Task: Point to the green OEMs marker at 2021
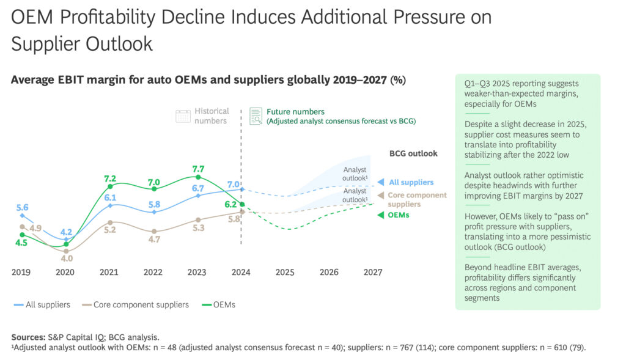pyautogui.click(x=110, y=186)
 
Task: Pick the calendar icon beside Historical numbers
pyautogui.click(x=183, y=116)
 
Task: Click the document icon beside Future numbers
pyautogui.click(x=256, y=116)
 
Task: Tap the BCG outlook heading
pyautogui.click(x=413, y=153)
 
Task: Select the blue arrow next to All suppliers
pyautogui.click(x=381, y=182)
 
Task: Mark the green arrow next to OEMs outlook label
pyautogui.click(x=381, y=215)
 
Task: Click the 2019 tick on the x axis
pyautogui.click(x=21, y=272)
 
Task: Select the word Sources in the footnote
pyautogui.click(x=29, y=337)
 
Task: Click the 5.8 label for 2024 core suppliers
pyautogui.click(x=233, y=219)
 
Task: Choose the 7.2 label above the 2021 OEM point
pyautogui.click(x=110, y=178)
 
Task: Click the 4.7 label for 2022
pyautogui.click(x=154, y=240)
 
